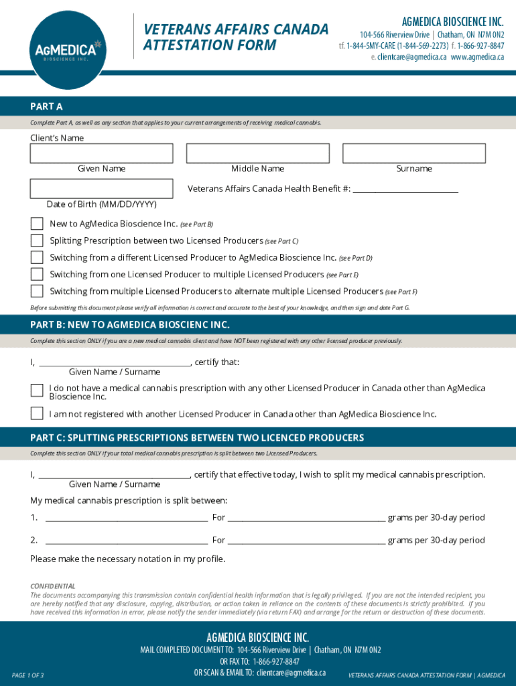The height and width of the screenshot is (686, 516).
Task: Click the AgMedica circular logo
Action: click(67, 48)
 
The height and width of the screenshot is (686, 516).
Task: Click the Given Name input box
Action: click(101, 153)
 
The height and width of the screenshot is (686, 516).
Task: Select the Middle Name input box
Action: click(257, 153)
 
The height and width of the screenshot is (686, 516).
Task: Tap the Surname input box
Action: click(413, 153)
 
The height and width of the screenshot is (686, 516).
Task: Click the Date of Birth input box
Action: click(101, 189)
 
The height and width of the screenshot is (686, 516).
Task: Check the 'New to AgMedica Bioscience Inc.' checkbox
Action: click(37, 224)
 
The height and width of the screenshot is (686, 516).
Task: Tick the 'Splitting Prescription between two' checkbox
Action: click(37, 241)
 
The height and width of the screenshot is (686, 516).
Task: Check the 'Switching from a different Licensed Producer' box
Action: click(37, 257)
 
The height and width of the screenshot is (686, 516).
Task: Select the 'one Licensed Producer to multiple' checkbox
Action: click(37, 275)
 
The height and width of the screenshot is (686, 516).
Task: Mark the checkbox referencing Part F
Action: click(37, 291)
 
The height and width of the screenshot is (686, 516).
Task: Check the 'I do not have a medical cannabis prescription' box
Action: click(37, 391)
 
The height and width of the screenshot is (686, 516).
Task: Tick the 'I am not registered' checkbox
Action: click(37, 413)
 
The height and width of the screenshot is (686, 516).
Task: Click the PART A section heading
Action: click(46, 106)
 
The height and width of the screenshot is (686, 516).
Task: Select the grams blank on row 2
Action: click(306, 542)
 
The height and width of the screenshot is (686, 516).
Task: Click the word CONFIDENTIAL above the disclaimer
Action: click(53, 586)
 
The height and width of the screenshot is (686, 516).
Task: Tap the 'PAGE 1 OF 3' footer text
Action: click(28, 675)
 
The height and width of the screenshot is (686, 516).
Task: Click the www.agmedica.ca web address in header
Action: click(477, 57)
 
